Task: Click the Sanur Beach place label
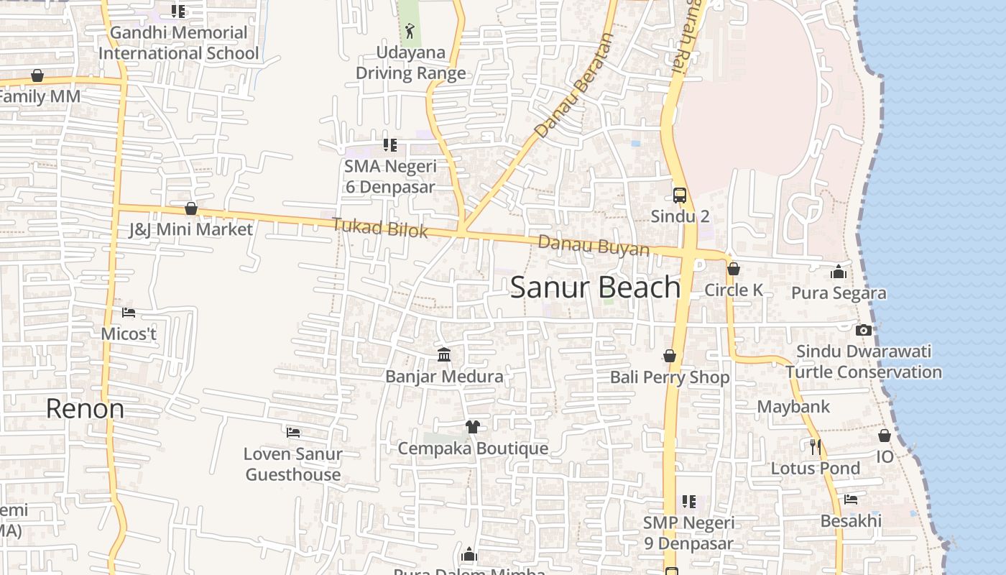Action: pos(595,287)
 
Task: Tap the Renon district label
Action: pos(85,409)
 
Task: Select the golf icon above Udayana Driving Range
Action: pos(410,31)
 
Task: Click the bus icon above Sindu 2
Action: pos(679,195)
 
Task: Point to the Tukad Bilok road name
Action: pos(379,229)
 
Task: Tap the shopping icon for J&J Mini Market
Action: pos(191,208)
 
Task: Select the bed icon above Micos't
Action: pos(129,313)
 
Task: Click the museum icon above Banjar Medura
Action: pos(444,355)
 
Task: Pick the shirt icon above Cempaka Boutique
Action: pos(472,427)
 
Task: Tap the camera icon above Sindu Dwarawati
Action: pos(864,331)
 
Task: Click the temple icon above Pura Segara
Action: pos(838,272)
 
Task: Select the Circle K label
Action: pos(734,290)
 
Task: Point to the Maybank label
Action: pos(793,407)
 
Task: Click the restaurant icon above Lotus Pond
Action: pos(815,447)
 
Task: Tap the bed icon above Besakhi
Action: pos(851,500)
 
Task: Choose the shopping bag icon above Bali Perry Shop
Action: pos(670,356)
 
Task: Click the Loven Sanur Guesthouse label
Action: pos(292,464)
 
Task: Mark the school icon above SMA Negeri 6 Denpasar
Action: pos(389,145)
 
